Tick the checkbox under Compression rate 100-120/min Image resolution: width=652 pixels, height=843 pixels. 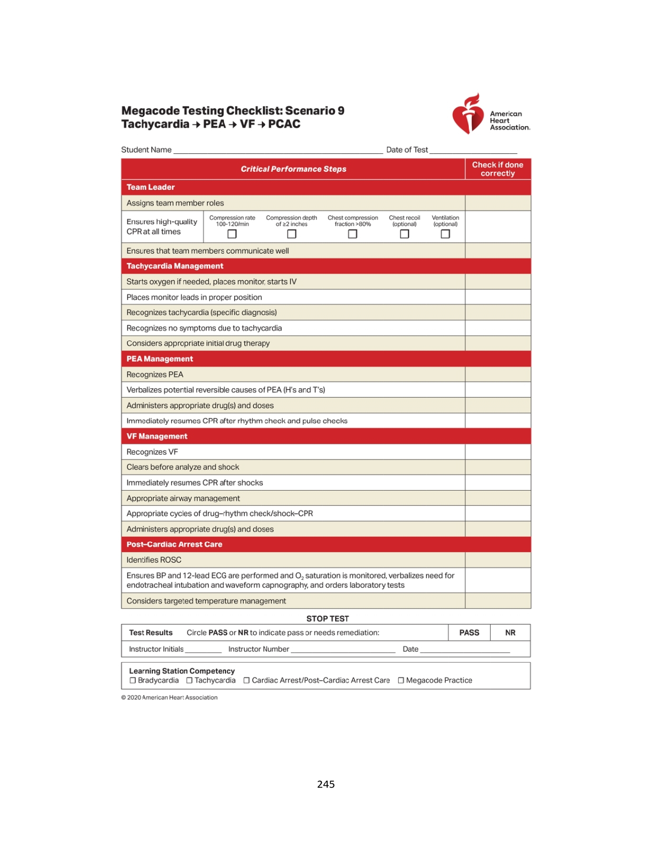[232, 234]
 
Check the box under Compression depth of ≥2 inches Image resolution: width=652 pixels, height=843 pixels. [291, 234]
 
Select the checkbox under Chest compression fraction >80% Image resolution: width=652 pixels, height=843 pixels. [352, 234]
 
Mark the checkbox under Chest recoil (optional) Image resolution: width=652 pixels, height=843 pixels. [405, 234]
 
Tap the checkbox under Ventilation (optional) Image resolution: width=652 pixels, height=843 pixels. [445, 234]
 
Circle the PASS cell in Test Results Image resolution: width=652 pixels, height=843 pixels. [469, 633]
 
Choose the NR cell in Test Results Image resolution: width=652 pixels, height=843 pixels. [510, 633]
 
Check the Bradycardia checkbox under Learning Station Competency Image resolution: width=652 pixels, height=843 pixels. [133, 680]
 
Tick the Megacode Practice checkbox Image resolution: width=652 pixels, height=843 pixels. [401, 680]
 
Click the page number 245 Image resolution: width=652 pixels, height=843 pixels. [325, 784]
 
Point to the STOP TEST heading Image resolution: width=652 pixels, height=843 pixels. [327, 619]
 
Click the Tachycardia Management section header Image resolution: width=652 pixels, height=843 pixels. [175, 266]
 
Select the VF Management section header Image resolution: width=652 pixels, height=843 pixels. [157, 436]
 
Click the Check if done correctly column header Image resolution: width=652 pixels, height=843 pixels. [498, 169]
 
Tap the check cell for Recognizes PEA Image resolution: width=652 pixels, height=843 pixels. [498, 374]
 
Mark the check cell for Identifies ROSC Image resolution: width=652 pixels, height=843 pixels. [498, 560]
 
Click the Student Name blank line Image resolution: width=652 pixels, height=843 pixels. [278, 151]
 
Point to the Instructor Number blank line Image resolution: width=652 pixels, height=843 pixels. [343, 650]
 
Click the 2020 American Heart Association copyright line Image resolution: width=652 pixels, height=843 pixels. [169, 697]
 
